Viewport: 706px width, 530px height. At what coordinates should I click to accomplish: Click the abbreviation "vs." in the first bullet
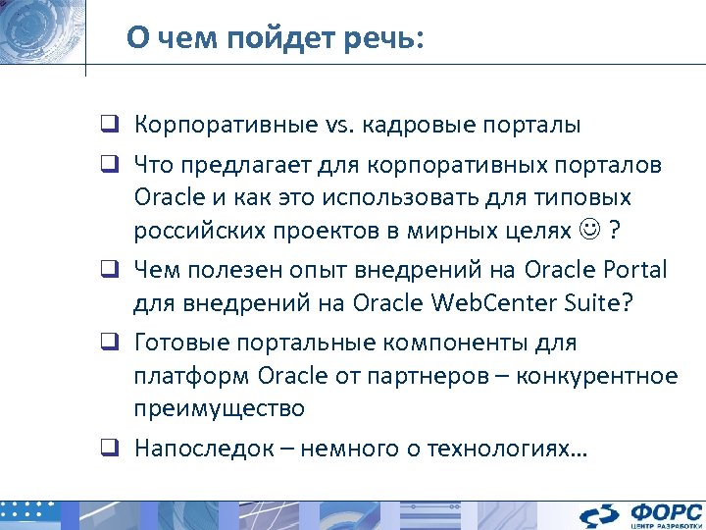tap(338, 126)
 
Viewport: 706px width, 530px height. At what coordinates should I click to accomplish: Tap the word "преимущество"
tap(220, 408)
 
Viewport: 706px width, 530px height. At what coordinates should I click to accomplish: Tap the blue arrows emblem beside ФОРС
tap(598, 515)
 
